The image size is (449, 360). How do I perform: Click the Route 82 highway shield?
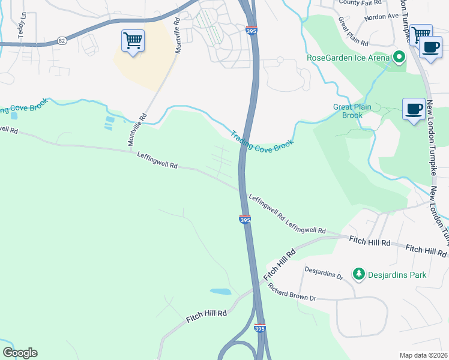62,40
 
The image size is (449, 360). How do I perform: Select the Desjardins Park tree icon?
358,274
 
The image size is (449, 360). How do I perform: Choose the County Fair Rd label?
357,2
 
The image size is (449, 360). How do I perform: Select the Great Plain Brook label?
352,111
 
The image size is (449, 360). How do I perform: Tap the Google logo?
20,353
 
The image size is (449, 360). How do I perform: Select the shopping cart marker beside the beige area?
133,41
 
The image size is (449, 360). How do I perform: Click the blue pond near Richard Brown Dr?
220,292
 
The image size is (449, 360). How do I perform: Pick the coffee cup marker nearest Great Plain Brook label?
414,109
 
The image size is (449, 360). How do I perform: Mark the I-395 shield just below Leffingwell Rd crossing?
245,220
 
